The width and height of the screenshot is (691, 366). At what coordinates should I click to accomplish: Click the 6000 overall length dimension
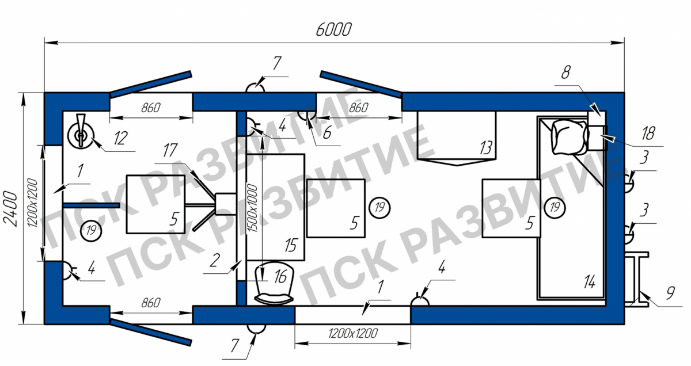pyautogui.click(x=333, y=29)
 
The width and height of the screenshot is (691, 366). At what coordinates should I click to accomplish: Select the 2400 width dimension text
pyautogui.click(x=10, y=209)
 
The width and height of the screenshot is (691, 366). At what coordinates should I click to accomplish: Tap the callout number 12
pyautogui.click(x=120, y=138)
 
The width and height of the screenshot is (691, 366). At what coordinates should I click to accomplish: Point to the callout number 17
pyautogui.click(x=170, y=150)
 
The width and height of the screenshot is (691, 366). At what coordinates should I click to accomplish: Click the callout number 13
pyautogui.click(x=486, y=148)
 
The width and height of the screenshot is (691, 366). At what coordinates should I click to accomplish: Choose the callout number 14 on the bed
pyautogui.click(x=589, y=282)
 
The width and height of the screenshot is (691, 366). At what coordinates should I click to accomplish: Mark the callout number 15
pyautogui.click(x=291, y=246)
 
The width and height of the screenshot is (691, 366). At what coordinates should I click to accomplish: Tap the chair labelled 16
pyautogui.click(x=274, y=283)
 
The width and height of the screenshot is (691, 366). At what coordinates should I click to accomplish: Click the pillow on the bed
pyautogui.click(x=569, y=137)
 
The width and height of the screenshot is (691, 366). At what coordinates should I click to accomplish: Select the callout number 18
pyautogui.click(x=648, y=134)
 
